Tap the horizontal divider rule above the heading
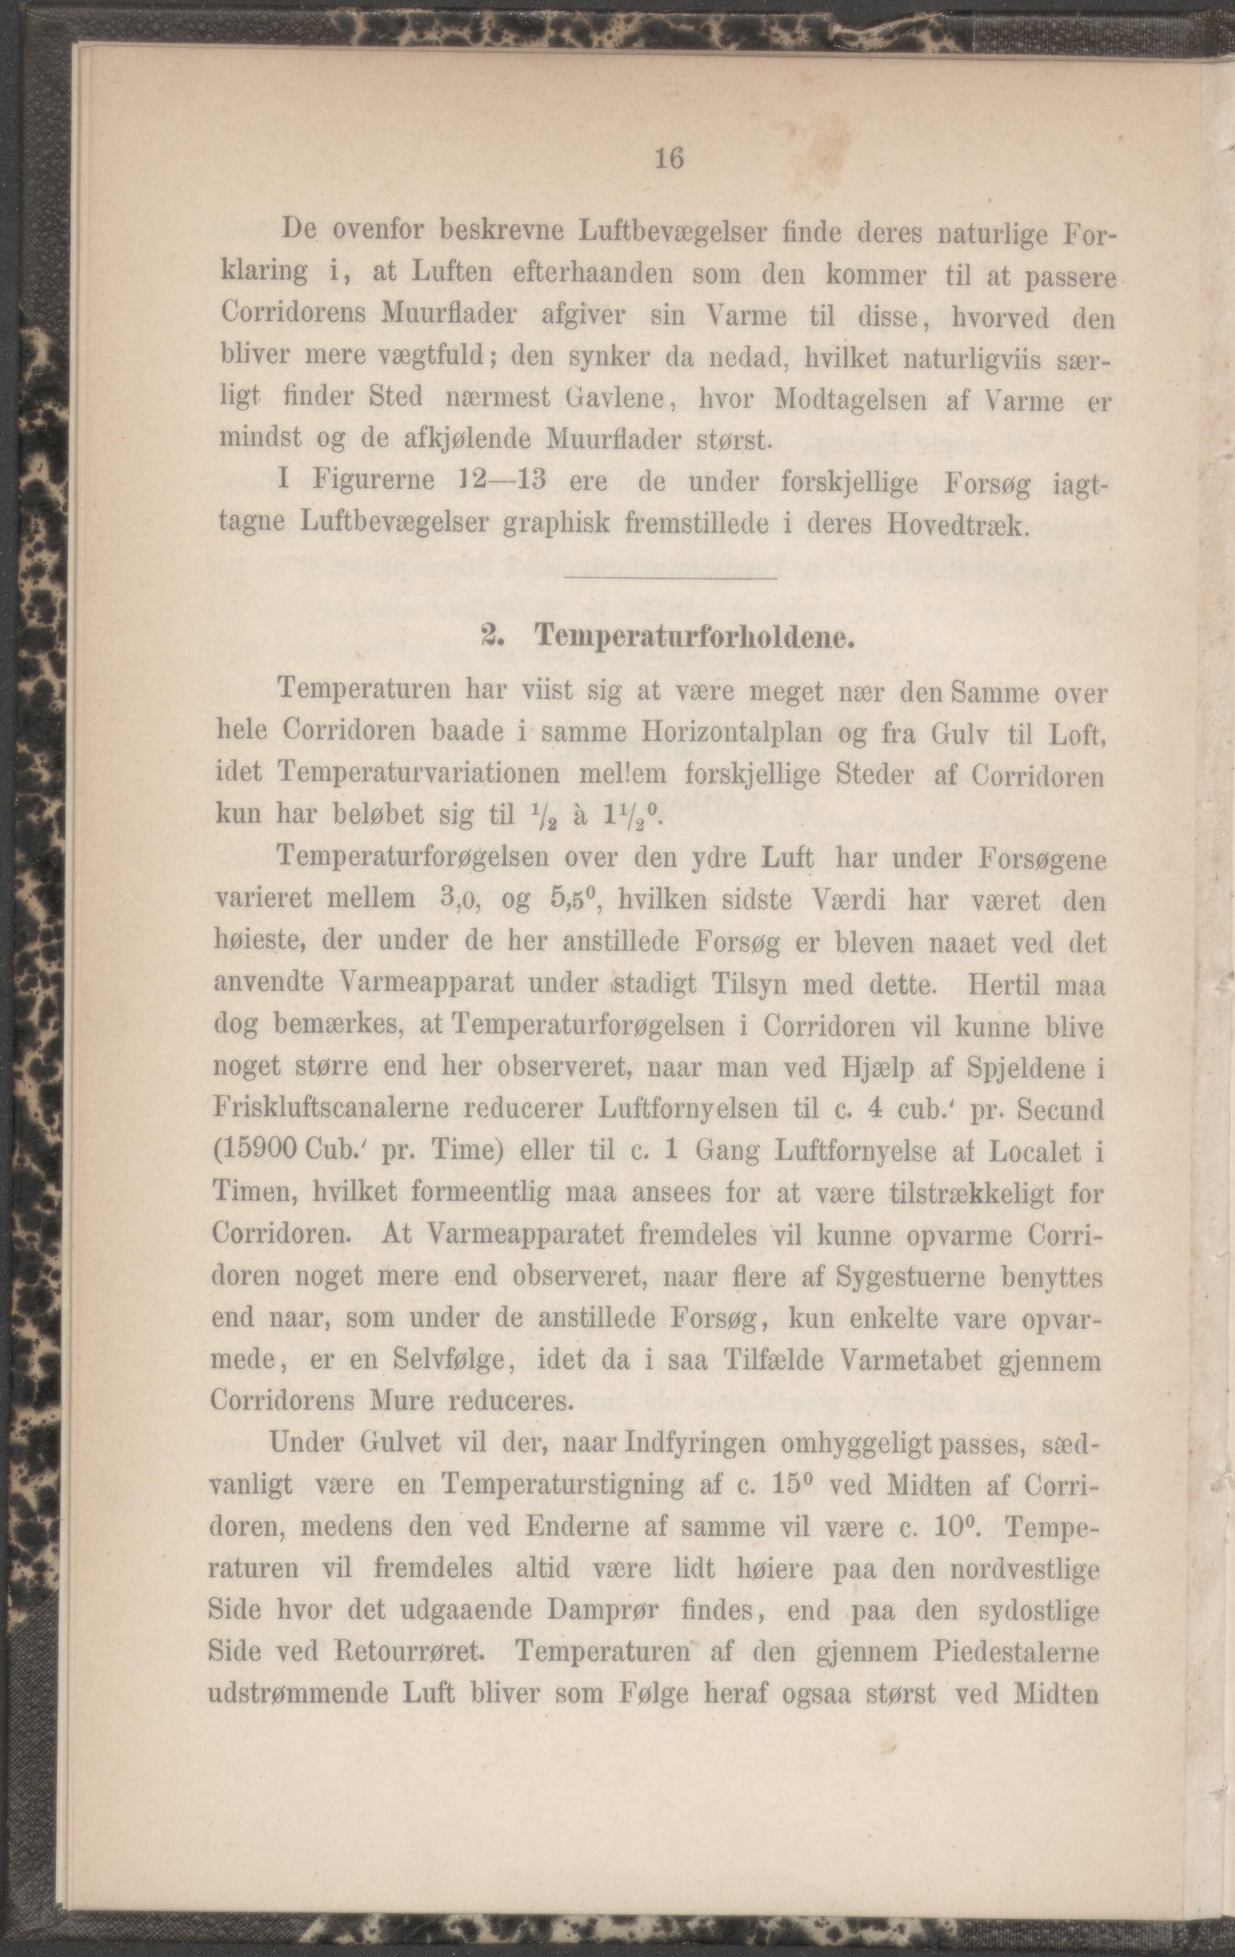click(x=669, y=578)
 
